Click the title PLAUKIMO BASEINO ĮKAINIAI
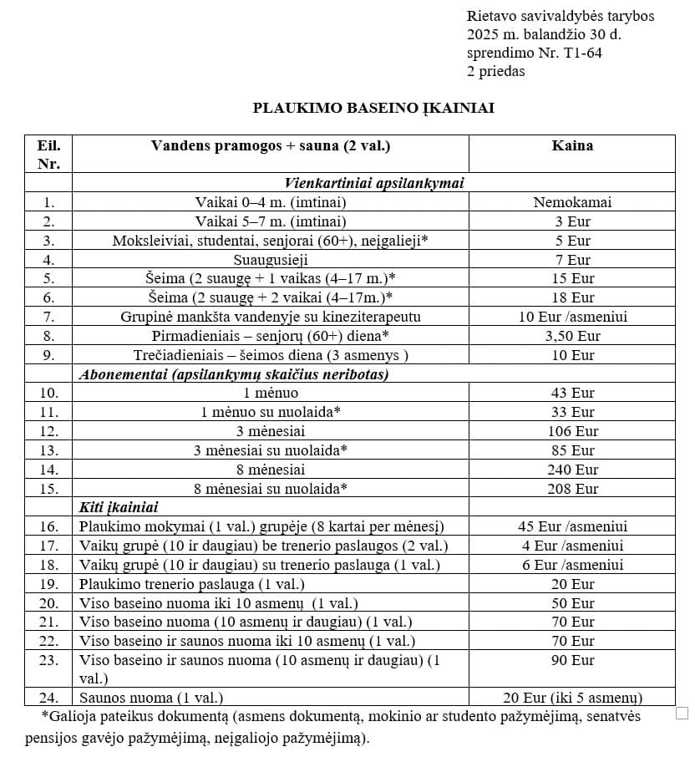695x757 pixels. pos(373,108)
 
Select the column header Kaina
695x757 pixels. pos(572,145)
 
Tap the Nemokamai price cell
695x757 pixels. pos(572,202)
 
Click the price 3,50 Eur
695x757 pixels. pos(572,336)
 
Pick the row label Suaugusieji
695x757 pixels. pos(271,260)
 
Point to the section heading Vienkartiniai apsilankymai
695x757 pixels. pos(373,183)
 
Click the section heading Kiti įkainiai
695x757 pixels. pos(119,507)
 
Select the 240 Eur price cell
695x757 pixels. pos(572,470)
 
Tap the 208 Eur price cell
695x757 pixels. pos(572,489)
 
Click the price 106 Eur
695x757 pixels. pos(572,431)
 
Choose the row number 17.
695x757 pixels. pos(48,546)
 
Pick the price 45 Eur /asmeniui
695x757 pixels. pos(572,526)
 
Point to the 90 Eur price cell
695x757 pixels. pos(572,660)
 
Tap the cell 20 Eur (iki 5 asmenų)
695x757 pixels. pos(572,698)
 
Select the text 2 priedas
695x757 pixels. pos(496,71)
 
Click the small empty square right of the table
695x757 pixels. pos(682,713)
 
